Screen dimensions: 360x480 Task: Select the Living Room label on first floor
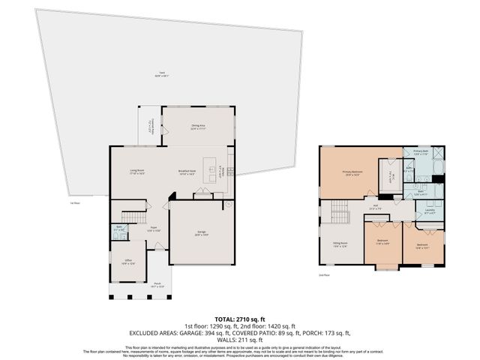coord(136,172)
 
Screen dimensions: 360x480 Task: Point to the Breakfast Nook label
coord(187,172)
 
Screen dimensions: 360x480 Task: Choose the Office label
coord(129,262)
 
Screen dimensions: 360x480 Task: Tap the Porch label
coord(157,286)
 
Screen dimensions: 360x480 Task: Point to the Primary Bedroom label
coord(352,173)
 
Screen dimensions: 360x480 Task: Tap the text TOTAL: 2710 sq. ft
coord(239,319)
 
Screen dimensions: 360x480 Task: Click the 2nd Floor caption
coord(323,276)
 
